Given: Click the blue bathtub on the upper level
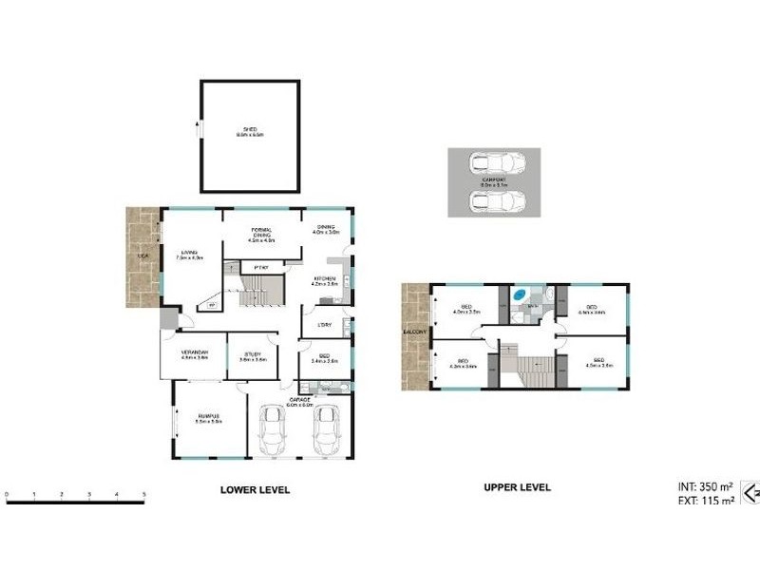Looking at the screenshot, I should tap(521, 295).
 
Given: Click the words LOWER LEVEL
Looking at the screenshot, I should tap(255, 490).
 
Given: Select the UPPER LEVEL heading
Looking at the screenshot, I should tap(518, 487).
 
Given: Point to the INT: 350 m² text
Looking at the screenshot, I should tap(700, 485).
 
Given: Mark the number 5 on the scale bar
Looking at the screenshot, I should tap(143, 494).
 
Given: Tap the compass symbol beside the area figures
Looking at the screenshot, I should tap(750, 492).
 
